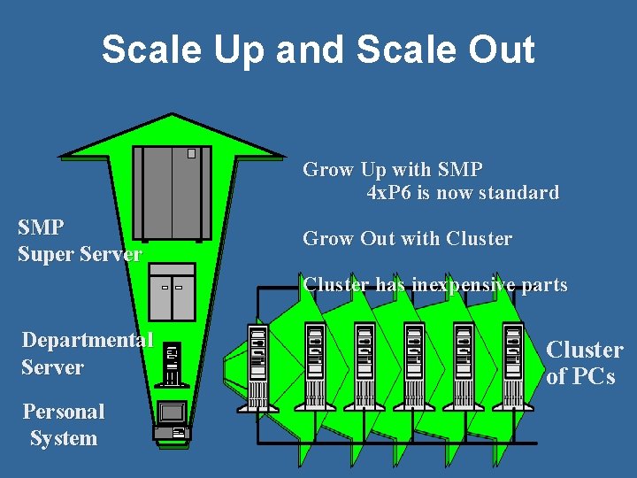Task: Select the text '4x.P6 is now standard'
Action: pyautogui.click(x=462, y=192)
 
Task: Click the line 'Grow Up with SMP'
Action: pyautogui.click(x=393, y=169)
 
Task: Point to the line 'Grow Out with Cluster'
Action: pyautogui.click(x=407, y=239)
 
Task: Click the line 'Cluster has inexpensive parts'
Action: pyautogui.click(x=434, y=285)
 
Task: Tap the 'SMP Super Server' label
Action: pyautogui.click(x=79, y=241)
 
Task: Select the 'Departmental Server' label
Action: pyautogui.click(x=87, y=353)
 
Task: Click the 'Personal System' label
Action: pyautogui.click(x=63, y=425)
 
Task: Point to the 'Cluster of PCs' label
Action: pyautogui.click(x=584, y=363)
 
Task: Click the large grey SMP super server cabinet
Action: pyautogui.click(x=172, y=193)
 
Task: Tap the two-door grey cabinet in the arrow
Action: pyautogui.click(x=172, y=291)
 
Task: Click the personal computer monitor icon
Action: pyautogui.click(x=172, y=412)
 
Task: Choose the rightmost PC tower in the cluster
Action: pyautogui.click(x=512, y=363)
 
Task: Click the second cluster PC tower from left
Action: pyautogui.click(x=315, y=363)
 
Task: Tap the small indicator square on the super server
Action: pyautogui.click(x=191, y=153)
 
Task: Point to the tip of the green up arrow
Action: pyautogui.click(x=173, y=116)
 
